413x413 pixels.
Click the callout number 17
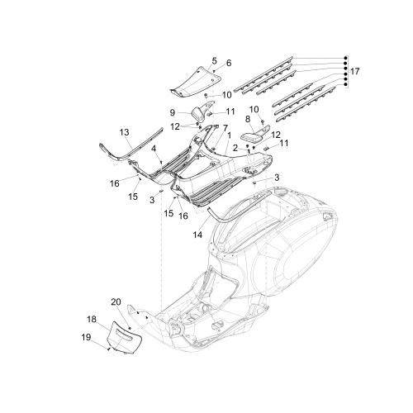[354, 72]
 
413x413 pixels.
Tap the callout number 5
[215, 61]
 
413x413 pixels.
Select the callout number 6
[229, 63]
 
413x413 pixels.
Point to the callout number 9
[173, 112]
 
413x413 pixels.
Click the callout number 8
[248, 119]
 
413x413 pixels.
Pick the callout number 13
[125, 132]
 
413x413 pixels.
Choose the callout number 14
[197, 235]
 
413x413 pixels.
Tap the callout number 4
[154, 149]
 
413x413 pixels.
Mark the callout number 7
[225, 128]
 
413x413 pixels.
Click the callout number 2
[235, 149]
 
